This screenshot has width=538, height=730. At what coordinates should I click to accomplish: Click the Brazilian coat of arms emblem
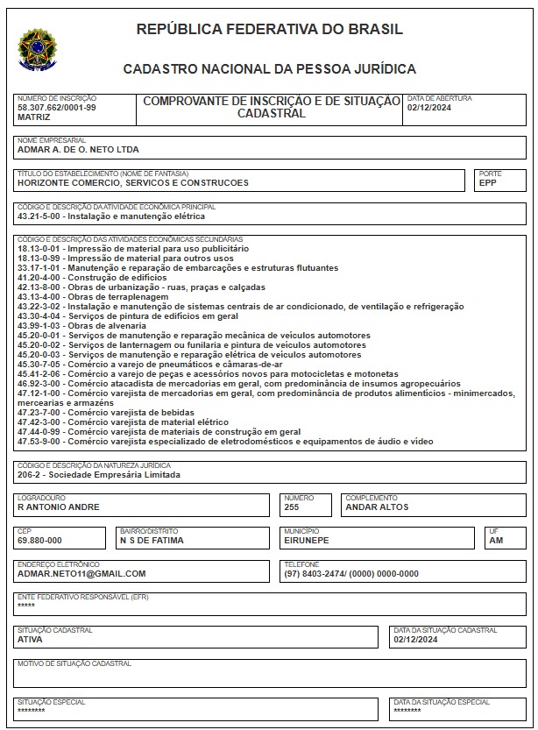click(x=36, y=49)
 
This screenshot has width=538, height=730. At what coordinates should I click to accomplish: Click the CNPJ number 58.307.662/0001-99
click(x=57, y=107)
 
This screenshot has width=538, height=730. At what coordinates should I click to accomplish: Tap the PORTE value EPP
click(x=488, y=183)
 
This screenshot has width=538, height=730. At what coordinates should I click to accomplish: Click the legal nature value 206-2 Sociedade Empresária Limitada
click(x=98, y=475)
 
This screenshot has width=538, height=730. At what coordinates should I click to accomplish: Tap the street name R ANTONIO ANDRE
click(x=59, y=507)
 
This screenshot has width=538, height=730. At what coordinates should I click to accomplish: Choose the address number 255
click(x=293, y=507)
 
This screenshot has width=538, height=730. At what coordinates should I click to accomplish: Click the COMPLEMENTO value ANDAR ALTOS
click(x=377, y=507)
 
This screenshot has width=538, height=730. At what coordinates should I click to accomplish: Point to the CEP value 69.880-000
click(x=39, y=541)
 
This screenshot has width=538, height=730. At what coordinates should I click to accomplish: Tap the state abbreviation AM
click(x=497, y=541)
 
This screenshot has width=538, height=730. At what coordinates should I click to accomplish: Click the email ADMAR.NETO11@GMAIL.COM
click(x=81, y=574)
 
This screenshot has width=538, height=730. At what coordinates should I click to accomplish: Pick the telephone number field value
click(x=351, y=574)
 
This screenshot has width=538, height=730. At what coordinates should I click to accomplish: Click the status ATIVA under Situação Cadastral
click(x=30, y=640)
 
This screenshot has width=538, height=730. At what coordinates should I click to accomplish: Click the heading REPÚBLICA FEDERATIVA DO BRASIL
click(x=270, y=29)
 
